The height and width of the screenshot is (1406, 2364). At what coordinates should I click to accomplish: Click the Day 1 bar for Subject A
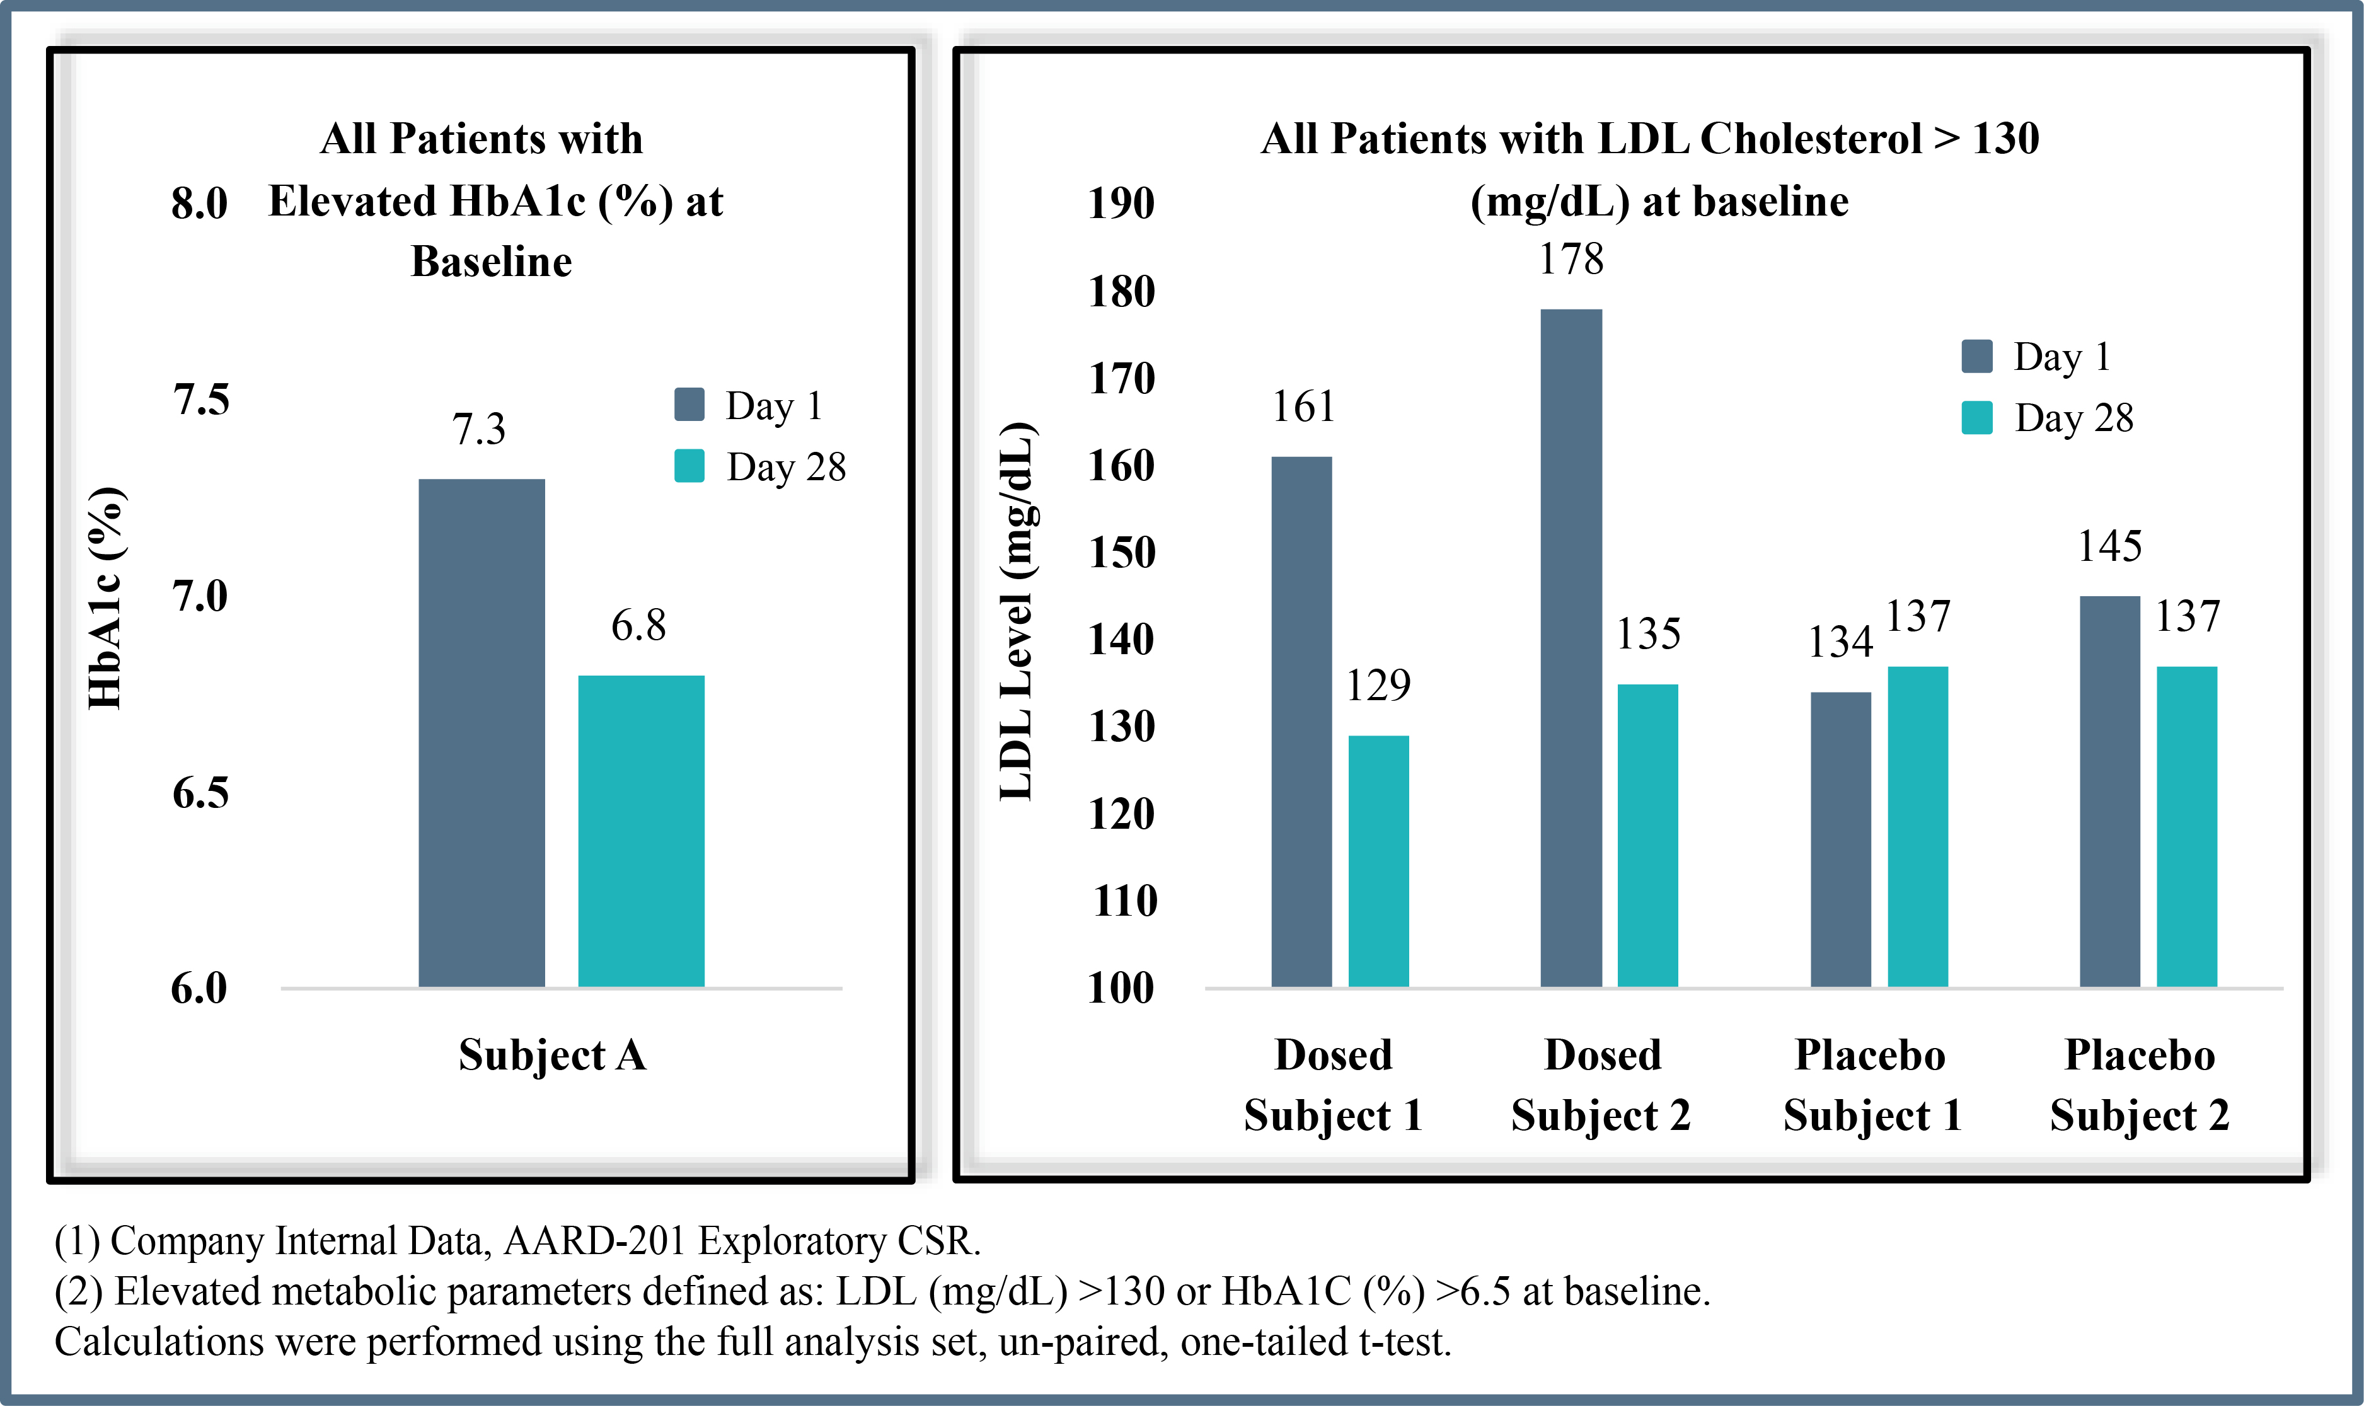pyautogui.click(x=481, y=734)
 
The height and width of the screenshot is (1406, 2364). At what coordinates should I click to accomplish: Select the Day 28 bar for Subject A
pyautogui.click(x=642, y=831)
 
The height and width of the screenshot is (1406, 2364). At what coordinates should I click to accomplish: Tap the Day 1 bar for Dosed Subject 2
pyautogui.click(x=1571, y=648)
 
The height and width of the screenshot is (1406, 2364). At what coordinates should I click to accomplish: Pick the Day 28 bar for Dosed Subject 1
pyautogui.click(x=1378, y=861)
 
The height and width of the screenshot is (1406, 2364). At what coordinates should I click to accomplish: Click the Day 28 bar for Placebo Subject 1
pyautogui.click(x=1918, y=827)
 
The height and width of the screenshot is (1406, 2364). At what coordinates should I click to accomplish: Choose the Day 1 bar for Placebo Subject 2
pyautogui.click(x=2110, y=792)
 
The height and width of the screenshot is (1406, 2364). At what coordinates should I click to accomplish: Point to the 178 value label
pyautogui.click(x=1571, y=258)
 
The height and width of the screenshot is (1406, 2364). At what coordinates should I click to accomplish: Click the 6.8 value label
pyautogui.click(x=638, y=625)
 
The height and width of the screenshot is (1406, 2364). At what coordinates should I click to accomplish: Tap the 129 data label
pyautogui.click(x=1378, y=685)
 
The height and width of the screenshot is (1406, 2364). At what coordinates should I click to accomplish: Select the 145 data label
pyautogui.click(x=2110, y=546)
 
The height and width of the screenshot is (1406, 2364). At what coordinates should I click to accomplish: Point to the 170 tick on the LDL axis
pyautogui.click(x=1122, y=378)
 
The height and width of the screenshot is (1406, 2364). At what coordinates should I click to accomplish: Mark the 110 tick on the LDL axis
pyautogui.click(x=1125, y=901)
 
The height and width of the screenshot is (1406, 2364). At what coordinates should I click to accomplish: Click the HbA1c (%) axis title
pyautogui.click(x=105, y=598)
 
